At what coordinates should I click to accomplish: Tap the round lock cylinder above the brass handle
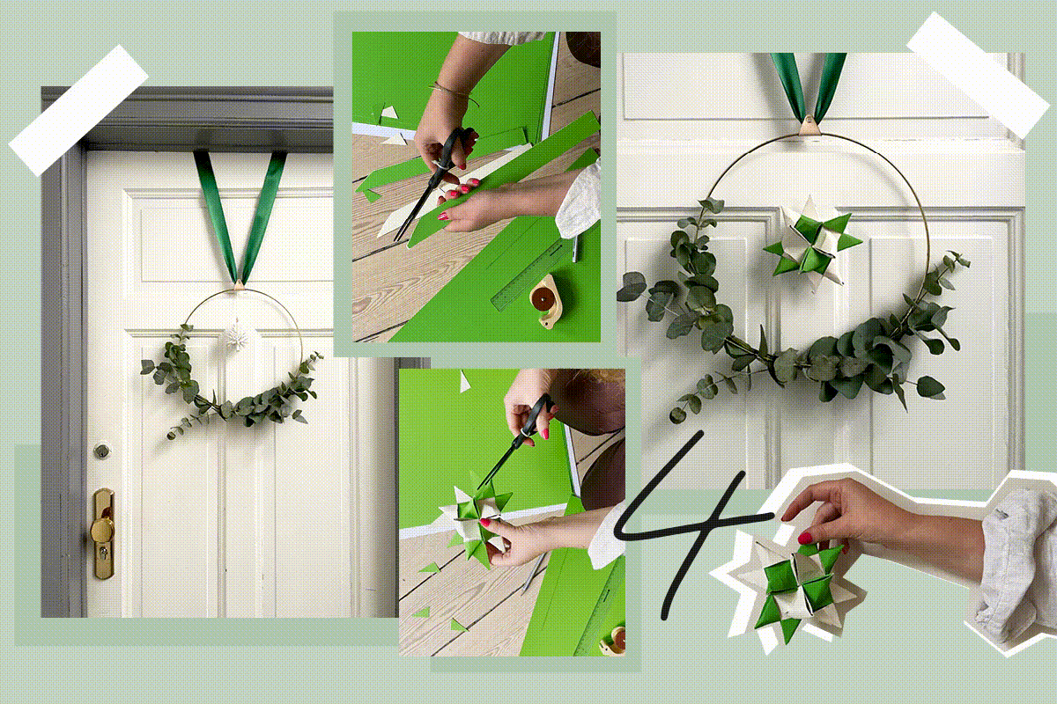coord(102,451)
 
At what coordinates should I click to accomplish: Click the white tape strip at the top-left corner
coord(78,111)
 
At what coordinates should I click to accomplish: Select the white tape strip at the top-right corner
coord(977,76)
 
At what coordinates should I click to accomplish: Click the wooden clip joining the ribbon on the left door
coord(239,284)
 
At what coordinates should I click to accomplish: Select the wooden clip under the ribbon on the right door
coord(809,126)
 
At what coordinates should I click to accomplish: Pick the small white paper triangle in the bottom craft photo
coord(464,381)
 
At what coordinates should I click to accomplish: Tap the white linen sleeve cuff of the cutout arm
coord(1015,566)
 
